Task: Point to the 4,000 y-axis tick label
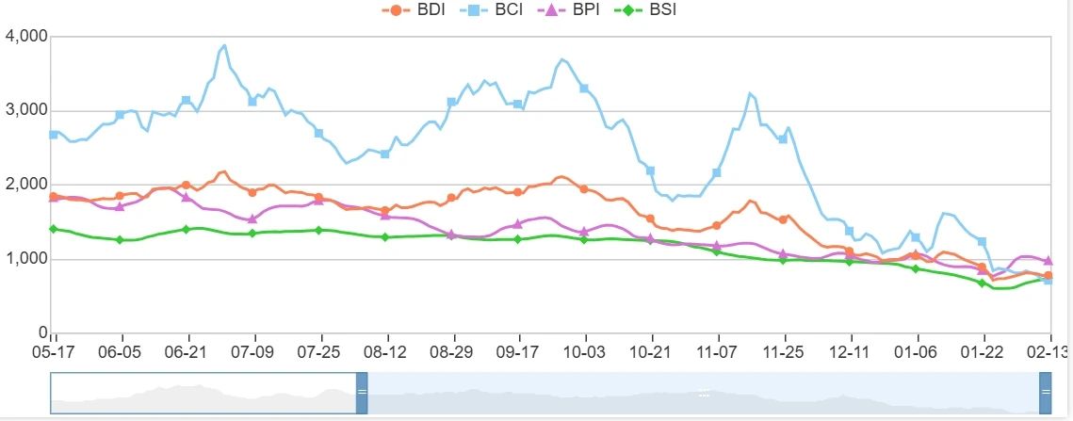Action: pyautogui.click(x=25, y=36)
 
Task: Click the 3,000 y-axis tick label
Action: pyautogui.click(x=25, y=110)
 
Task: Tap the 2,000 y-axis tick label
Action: pyautogui.click(x=25, y=185)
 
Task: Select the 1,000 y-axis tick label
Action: pyautogui.click(x=25, y=259)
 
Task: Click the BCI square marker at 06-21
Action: pyautogui.click(x=187, y=100)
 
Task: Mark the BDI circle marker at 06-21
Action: pyautogui.click(x=187, y=185)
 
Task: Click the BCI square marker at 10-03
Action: pyautogui.click(x=584, y=89)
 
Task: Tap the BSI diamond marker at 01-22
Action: pyautogui.click(x=983, y=283)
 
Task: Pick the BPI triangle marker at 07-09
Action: pyautogui.click(x=252, y=219)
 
